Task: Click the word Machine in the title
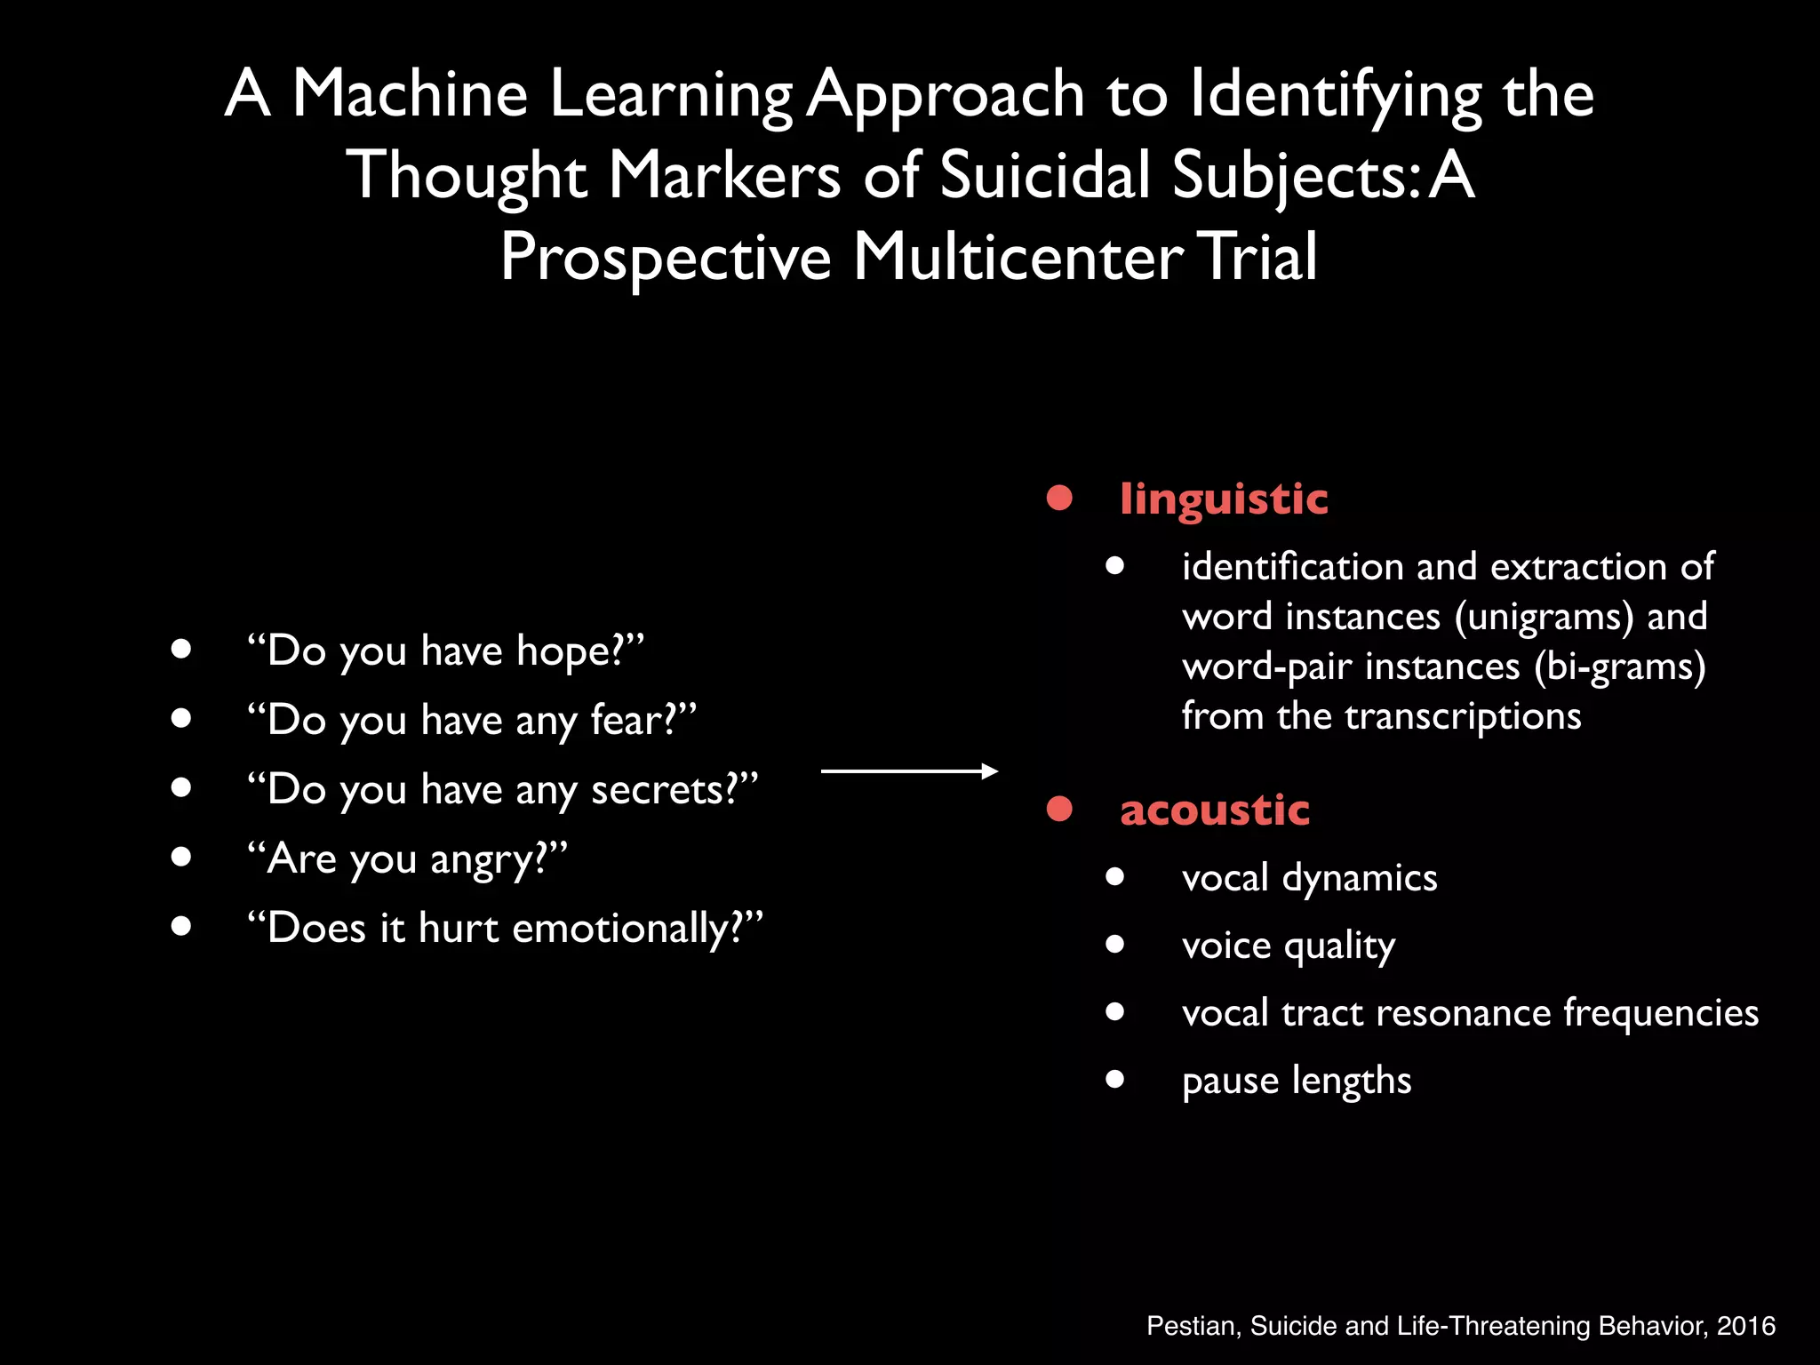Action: coord(410,93)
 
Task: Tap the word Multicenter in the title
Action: coord(1018,256)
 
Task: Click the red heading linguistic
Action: coord(1224,499)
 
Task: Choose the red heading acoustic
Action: coord(1214,810)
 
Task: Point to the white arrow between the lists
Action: coord(909,771)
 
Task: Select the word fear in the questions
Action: coord(627,720)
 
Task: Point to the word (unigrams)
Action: coord(1544,617)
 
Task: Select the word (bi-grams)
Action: coord(1619,667)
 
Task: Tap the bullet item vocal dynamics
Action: coord(1309,878)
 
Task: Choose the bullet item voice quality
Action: coord(1288,946)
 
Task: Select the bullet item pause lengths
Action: coord(1296,1081)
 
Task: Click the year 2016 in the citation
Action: coord(1745,1326)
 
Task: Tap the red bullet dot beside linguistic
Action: coord(1059,498)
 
